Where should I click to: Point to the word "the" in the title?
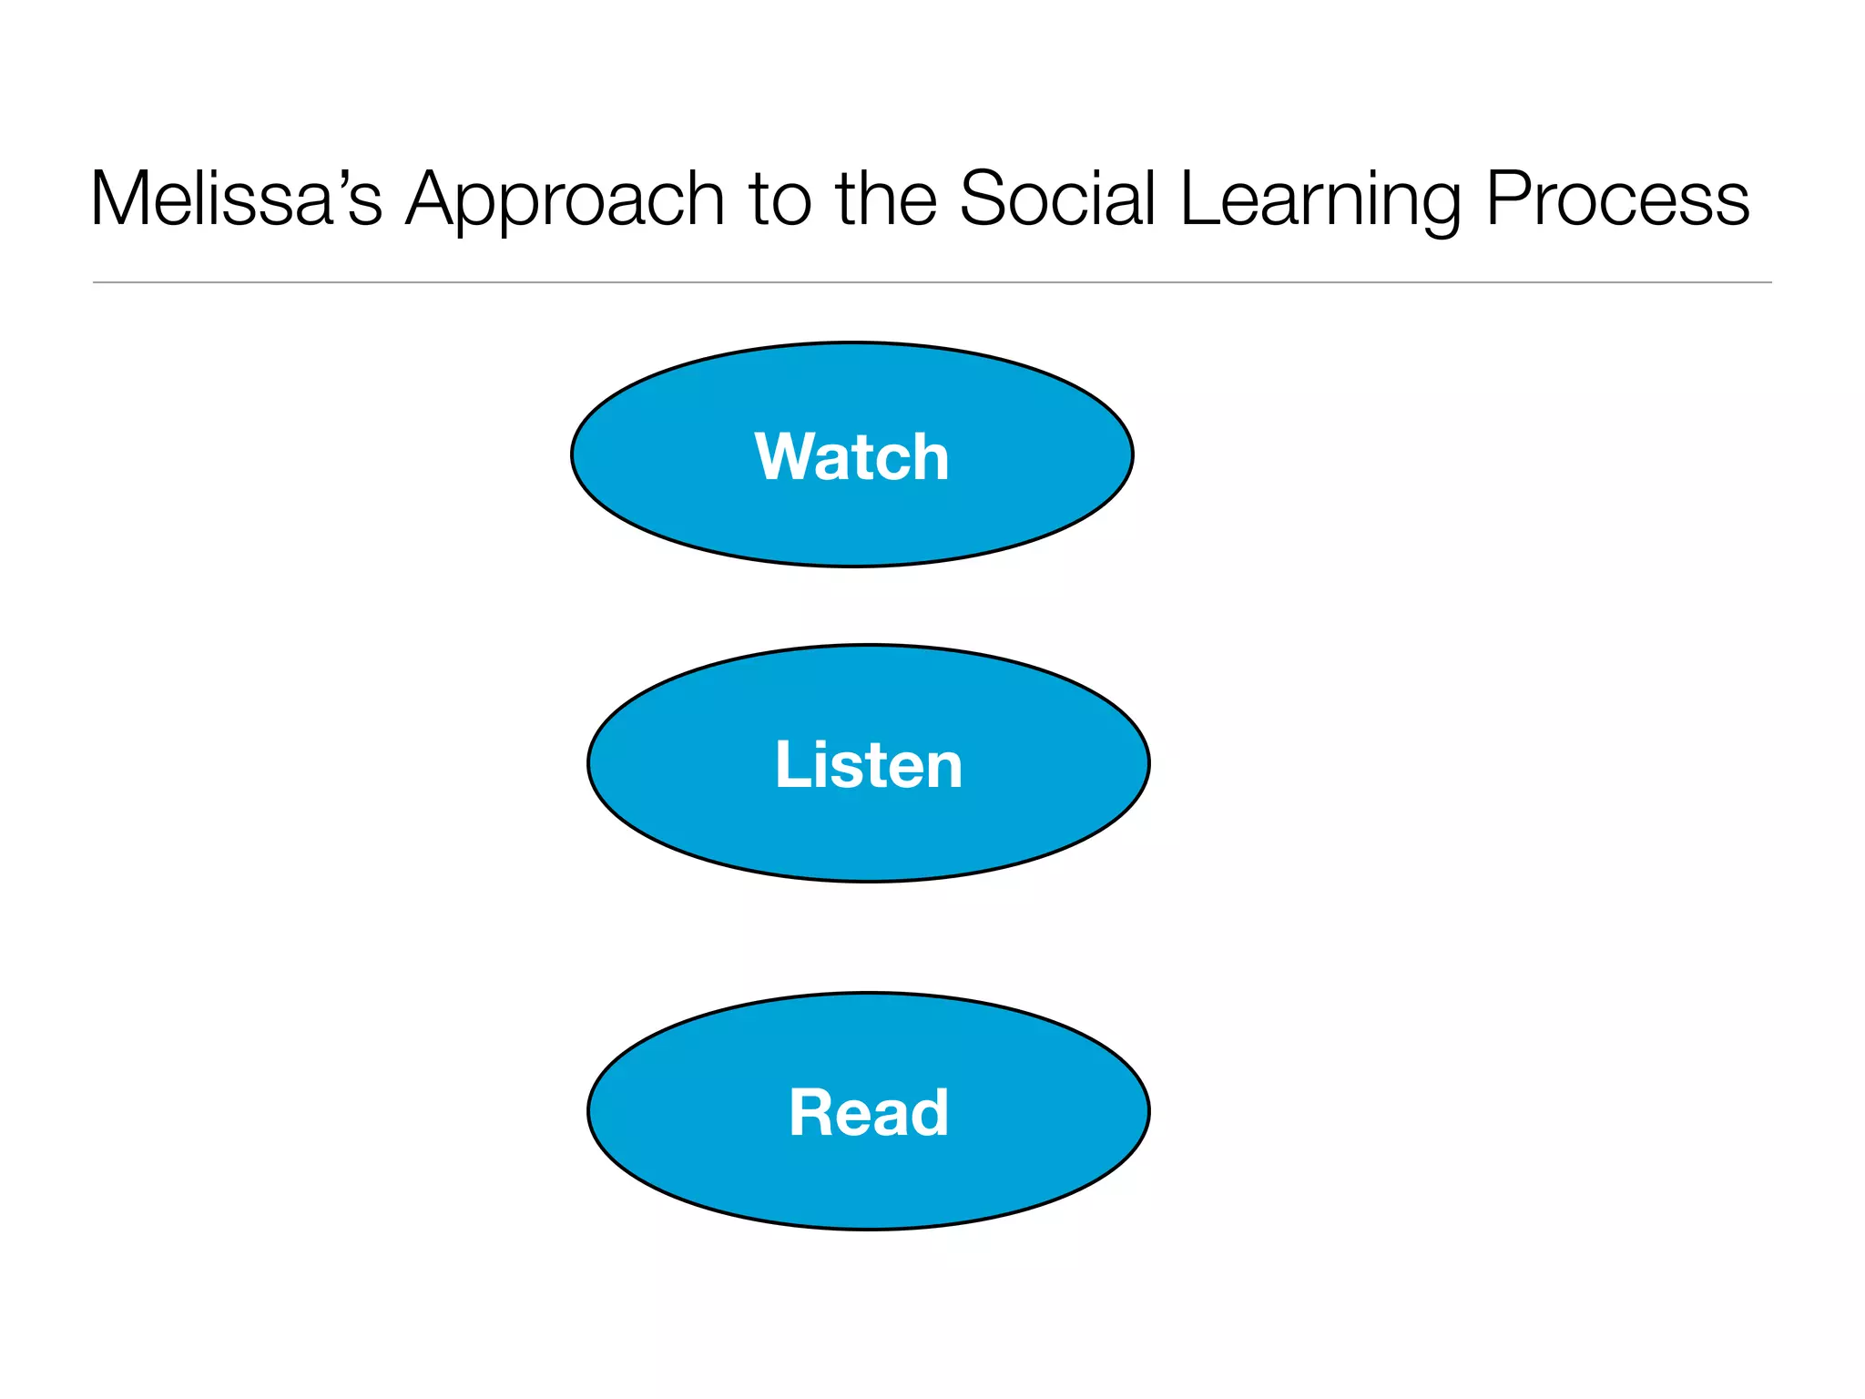coord(886,199)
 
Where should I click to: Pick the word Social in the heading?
coord(1056,199)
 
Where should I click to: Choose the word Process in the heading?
coord(1617,199)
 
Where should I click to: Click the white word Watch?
coord(851,456)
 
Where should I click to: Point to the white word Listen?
coord(868,764)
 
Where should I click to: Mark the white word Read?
coord(868,1112)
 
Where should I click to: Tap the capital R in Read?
coord(810,1112)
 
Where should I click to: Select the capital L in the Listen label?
coord(790,764)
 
